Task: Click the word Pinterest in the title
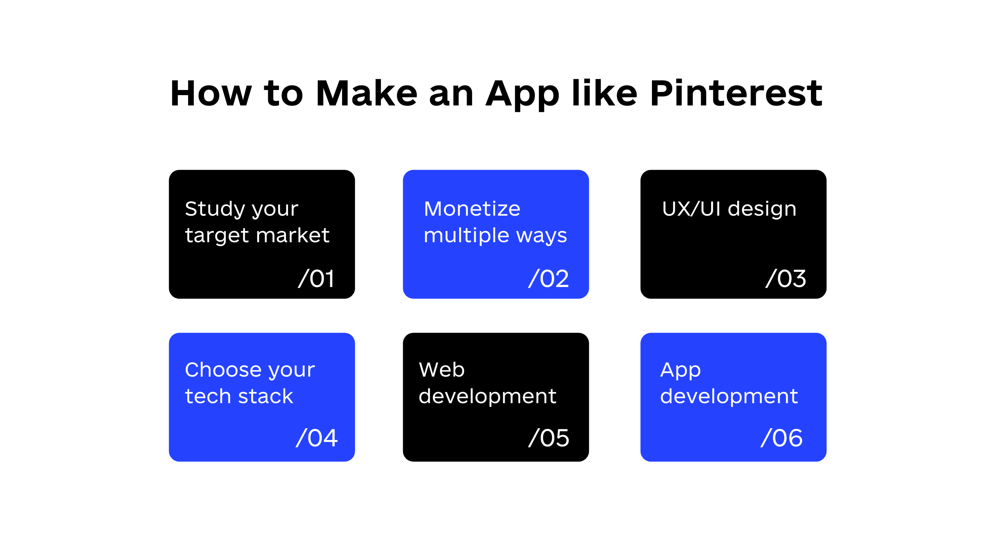point(736,94)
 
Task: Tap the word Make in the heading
point(367,94)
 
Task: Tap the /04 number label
point(317,438)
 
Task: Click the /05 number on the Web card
point(549,438)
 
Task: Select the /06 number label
point(782,438)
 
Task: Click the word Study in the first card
point(215,209)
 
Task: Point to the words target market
point(257,235)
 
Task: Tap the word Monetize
point(472,209)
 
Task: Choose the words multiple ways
point(495,235)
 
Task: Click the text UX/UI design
point(729,209)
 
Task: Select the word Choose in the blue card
point(220,370)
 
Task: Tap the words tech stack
point(239,396)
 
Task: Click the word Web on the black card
point(441,370)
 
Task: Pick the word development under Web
point(487,396)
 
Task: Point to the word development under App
point(729,396)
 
